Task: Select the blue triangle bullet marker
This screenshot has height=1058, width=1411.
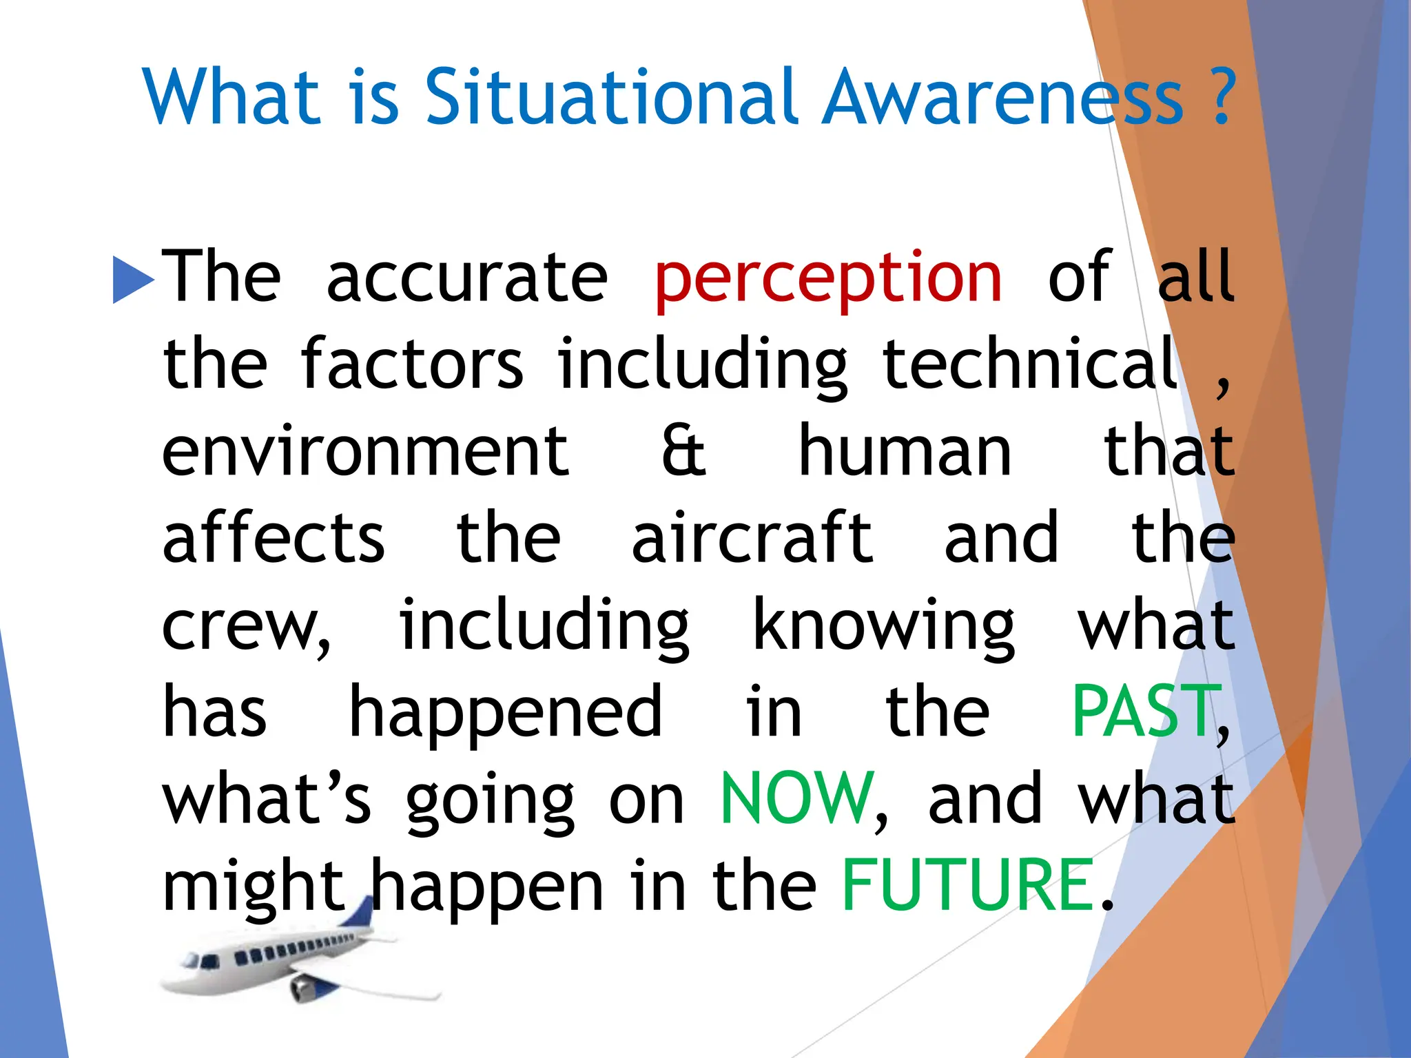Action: coord(133,279)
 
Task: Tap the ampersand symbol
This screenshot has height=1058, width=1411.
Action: coord(683,451)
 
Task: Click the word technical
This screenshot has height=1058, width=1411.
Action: coord(1030,364)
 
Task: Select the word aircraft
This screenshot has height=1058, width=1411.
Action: coord(752,539)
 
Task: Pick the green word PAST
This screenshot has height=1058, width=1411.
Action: coord(1144,712)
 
